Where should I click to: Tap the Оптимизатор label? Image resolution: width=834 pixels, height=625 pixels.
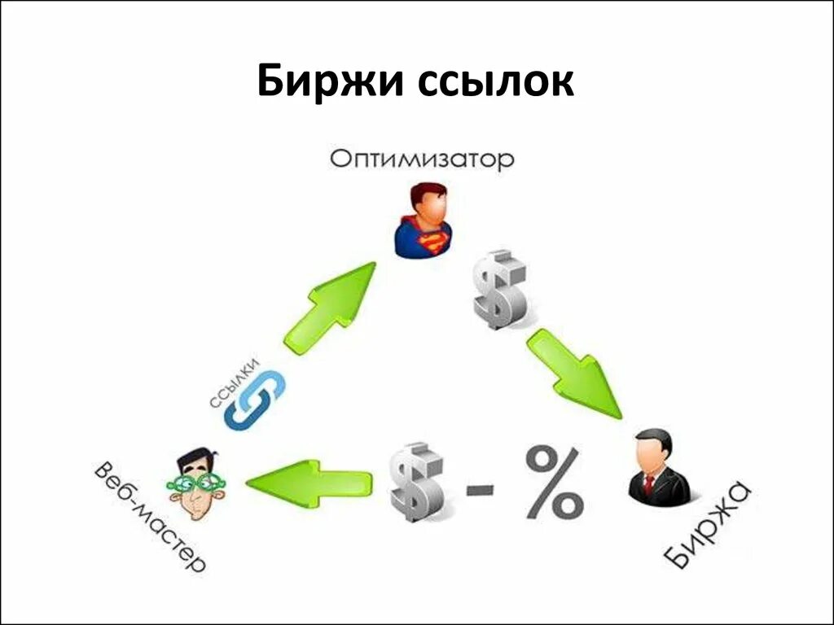coord(422,158)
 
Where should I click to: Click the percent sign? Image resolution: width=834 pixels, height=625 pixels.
coord(554,483)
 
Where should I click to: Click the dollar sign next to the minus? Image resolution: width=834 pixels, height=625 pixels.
coord(416,482)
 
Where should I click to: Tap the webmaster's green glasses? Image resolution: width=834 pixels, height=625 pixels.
coord(196,483)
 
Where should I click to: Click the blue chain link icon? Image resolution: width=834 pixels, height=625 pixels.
coord(253,400)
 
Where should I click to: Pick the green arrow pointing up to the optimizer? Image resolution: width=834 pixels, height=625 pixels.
coord(330,307)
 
